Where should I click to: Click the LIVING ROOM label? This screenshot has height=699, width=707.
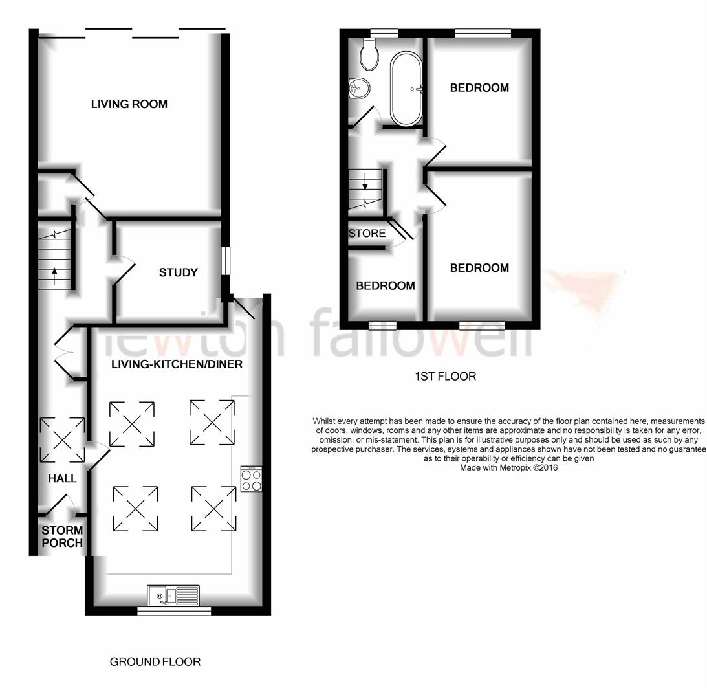click(x=129, y=104)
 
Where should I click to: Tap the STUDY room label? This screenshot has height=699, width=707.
click(x=178, y=272)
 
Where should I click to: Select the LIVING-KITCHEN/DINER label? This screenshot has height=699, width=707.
click(x=177, y=364)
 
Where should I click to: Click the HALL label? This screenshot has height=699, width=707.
click(x=62, y=478)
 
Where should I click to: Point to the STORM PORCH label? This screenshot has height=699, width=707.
click(x=62, y=537)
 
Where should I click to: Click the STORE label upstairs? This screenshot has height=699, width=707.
click(x=367, y=233)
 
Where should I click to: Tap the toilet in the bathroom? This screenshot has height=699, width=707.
click(x=369, y=54)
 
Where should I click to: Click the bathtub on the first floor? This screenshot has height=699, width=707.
click(x=406, y=89)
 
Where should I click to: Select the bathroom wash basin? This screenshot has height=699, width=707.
click(x=360, y=87)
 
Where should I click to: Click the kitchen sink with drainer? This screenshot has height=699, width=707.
click(x=173, y=595)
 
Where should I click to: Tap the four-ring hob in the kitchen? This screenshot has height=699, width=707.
click(x=252, y=479)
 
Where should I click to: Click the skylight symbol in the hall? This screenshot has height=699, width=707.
click(x=62, y=440)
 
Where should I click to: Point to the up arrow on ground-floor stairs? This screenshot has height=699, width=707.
click(x=54, y=276)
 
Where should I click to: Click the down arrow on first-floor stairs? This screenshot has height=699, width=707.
click(x=365, y=182)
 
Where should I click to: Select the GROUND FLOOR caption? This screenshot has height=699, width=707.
click(x=155, y=662)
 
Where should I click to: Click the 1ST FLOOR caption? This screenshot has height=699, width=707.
click(x=446, y=376)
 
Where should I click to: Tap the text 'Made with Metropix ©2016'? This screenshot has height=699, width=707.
click(x=508, y=468)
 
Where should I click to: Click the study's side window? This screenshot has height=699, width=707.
click(x=226, y=260)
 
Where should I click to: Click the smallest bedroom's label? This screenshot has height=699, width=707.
click(x=386, y=285)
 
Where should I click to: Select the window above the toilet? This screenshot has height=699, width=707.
click(x=384, y=33)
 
